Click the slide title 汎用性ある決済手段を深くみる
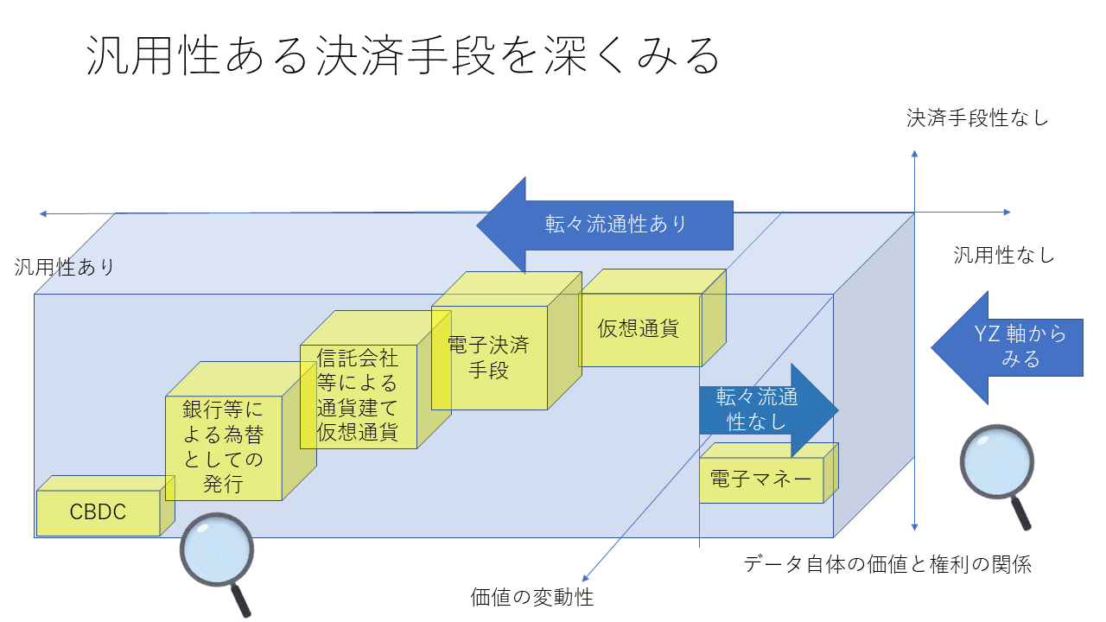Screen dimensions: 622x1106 point(403,58)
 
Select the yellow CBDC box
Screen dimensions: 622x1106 point(99,512)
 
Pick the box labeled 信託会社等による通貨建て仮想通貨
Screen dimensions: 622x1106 point(358,396)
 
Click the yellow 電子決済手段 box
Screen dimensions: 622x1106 point(488,358)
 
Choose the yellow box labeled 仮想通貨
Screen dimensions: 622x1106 point(639,329)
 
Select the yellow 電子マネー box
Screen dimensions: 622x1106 point(760,478)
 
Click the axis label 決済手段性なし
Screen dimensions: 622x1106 point(977,118)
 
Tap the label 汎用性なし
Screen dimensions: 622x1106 point(1004,255)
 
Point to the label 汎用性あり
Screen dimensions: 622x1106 point(65,267)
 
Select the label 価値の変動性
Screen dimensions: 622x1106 point(532,597)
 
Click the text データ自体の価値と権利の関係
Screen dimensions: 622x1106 point(887,565)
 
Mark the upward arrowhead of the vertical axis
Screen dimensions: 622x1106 point(914,154)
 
